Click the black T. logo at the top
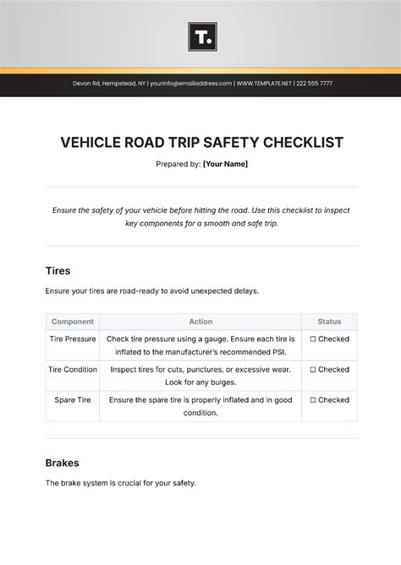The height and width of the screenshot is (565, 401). tap(202, 36)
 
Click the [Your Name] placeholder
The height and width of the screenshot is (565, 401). tap(225, 164)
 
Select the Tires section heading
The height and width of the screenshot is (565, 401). tap(58, 270)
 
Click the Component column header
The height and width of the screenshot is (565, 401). tap(73, 322)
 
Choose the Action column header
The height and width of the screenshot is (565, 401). tap(200, 322)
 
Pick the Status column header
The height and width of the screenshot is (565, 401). tap(329, 322)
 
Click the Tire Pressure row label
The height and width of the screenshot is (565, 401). tap(73, 339)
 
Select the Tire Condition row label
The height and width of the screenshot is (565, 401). tap(73, 369)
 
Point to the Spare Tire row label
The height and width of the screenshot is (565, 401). tap(73, 399)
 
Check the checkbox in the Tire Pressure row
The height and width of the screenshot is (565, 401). tap(313, 339)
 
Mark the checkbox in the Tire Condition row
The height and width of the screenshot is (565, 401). tap(313, 369)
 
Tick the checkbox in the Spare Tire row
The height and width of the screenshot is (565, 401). tap(313, 399)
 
